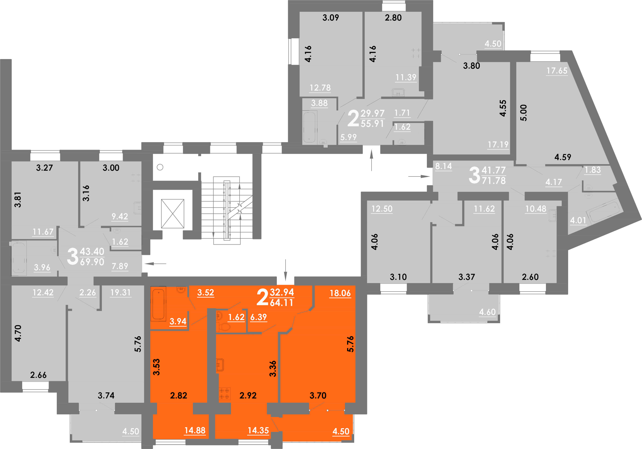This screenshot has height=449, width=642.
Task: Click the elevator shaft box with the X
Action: coord(173,213)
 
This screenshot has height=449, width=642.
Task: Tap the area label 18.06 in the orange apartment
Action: coord(340,293)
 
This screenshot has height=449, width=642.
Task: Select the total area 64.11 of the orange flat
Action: coord(281,303)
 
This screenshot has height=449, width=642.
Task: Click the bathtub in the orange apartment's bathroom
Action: coord(158,304)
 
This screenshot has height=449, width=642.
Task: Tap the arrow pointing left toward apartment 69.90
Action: coord(156,263)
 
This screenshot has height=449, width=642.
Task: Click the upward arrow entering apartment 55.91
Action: coord(371,160)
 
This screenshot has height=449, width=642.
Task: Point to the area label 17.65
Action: coord(557,70)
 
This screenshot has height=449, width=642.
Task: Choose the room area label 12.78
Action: coord(320,88)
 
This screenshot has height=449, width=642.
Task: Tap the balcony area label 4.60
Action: coord(487,312)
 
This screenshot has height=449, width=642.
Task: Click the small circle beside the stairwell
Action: coord(160,167)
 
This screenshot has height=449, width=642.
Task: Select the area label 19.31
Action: coord(121,293)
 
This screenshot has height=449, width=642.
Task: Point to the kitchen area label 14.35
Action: coord(258,430)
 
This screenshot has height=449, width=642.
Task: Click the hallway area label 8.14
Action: coord(444,166)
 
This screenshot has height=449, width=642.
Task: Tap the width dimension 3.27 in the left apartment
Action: coord(44,168)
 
